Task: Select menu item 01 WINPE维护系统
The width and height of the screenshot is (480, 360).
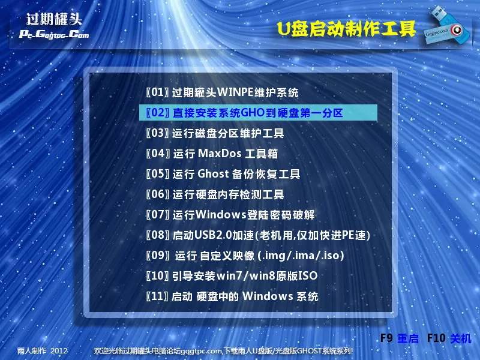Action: (222, 92)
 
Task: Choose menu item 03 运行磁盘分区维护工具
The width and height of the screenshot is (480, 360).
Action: (215, 133)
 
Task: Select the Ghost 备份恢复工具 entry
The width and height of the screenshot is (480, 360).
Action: (223, 174)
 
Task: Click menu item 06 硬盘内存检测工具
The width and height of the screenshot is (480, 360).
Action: (215, 194)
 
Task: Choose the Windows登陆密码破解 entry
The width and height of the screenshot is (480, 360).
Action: (230, 215)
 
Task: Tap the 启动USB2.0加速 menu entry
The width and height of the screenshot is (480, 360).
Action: (258, 235)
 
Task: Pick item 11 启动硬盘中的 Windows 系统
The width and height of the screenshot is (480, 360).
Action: (232, 296)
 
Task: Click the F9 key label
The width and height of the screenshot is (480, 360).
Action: (387, 338)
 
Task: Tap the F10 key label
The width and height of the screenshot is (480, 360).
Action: (436, 338)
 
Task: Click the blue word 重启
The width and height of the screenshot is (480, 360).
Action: (408, 338)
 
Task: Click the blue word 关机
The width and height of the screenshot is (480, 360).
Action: (460, 338)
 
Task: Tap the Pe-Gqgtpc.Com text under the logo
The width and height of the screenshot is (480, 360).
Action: (54, 34)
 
